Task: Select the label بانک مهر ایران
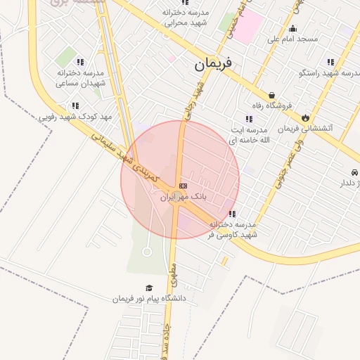[183, 198]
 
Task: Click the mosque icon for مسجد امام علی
[292, 28]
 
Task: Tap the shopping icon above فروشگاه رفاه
[271, 95]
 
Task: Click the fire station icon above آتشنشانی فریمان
[305, 117]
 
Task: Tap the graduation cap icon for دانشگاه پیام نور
[148, 288]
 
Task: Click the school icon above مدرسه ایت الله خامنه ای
[248, 119]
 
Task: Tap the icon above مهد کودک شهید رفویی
[75, 105]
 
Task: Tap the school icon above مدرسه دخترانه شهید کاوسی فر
[232, 214]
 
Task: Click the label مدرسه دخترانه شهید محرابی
[186, 18]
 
